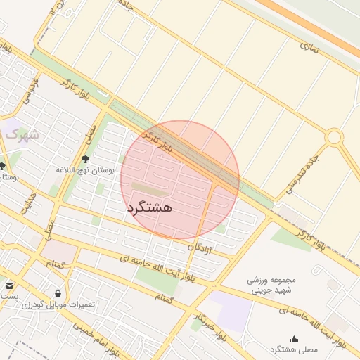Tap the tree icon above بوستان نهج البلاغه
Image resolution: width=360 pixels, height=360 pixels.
(x=86, y=160)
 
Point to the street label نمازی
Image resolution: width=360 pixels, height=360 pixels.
(x=310, y=49)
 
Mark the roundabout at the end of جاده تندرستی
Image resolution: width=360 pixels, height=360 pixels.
(x=333, y=136)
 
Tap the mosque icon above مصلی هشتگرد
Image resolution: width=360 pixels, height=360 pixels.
(x=294, y=339)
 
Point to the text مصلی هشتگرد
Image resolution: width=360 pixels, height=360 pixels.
(x=294, y=349)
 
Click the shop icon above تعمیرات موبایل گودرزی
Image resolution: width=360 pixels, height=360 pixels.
(x=57, y=293)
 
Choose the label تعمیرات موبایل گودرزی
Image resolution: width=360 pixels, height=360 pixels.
(x=62, y=305)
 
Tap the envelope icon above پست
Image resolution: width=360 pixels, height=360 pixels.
(x=10, y=285)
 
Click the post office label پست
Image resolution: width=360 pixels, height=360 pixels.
(x=8, y=297)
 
